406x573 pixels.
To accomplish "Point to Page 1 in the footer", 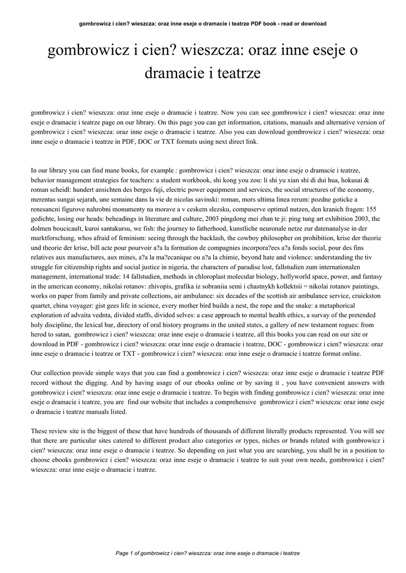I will tap(127, 553).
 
